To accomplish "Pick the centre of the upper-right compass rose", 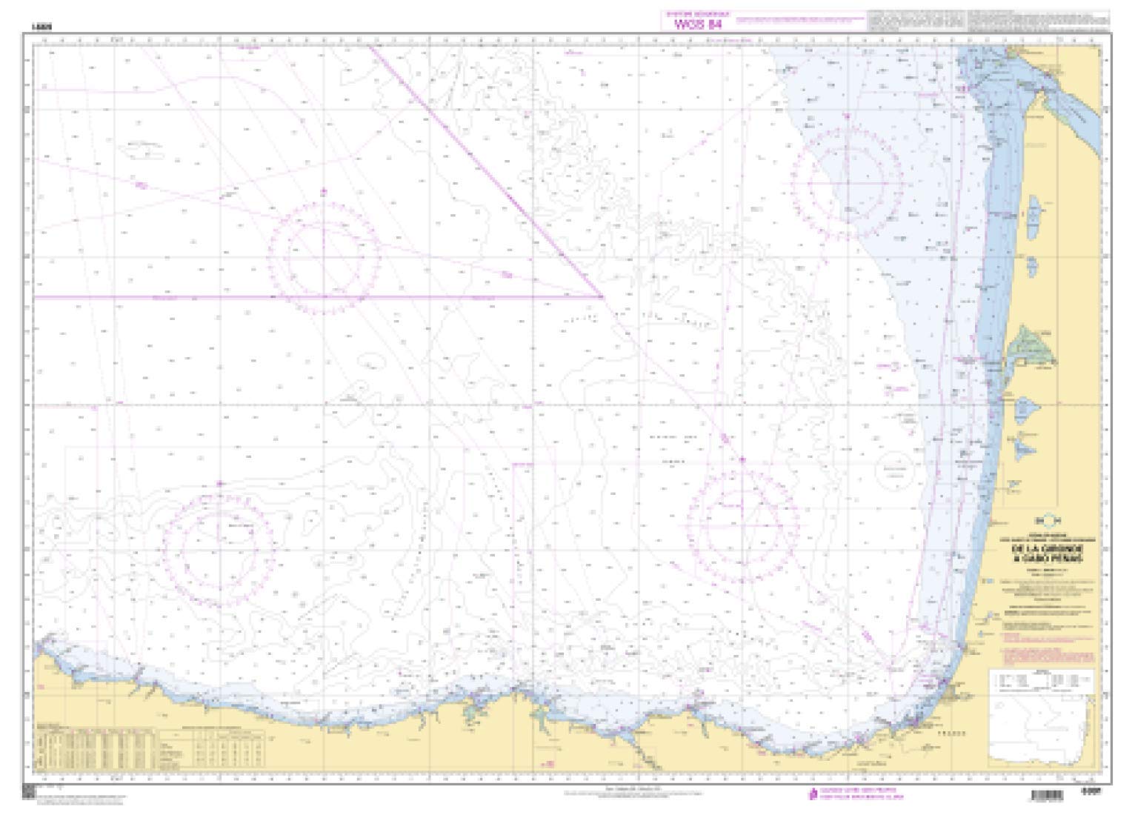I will pyautogui.click(x=847, y=182).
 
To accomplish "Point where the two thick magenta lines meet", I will pyautogui.click(x=602, y=296).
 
